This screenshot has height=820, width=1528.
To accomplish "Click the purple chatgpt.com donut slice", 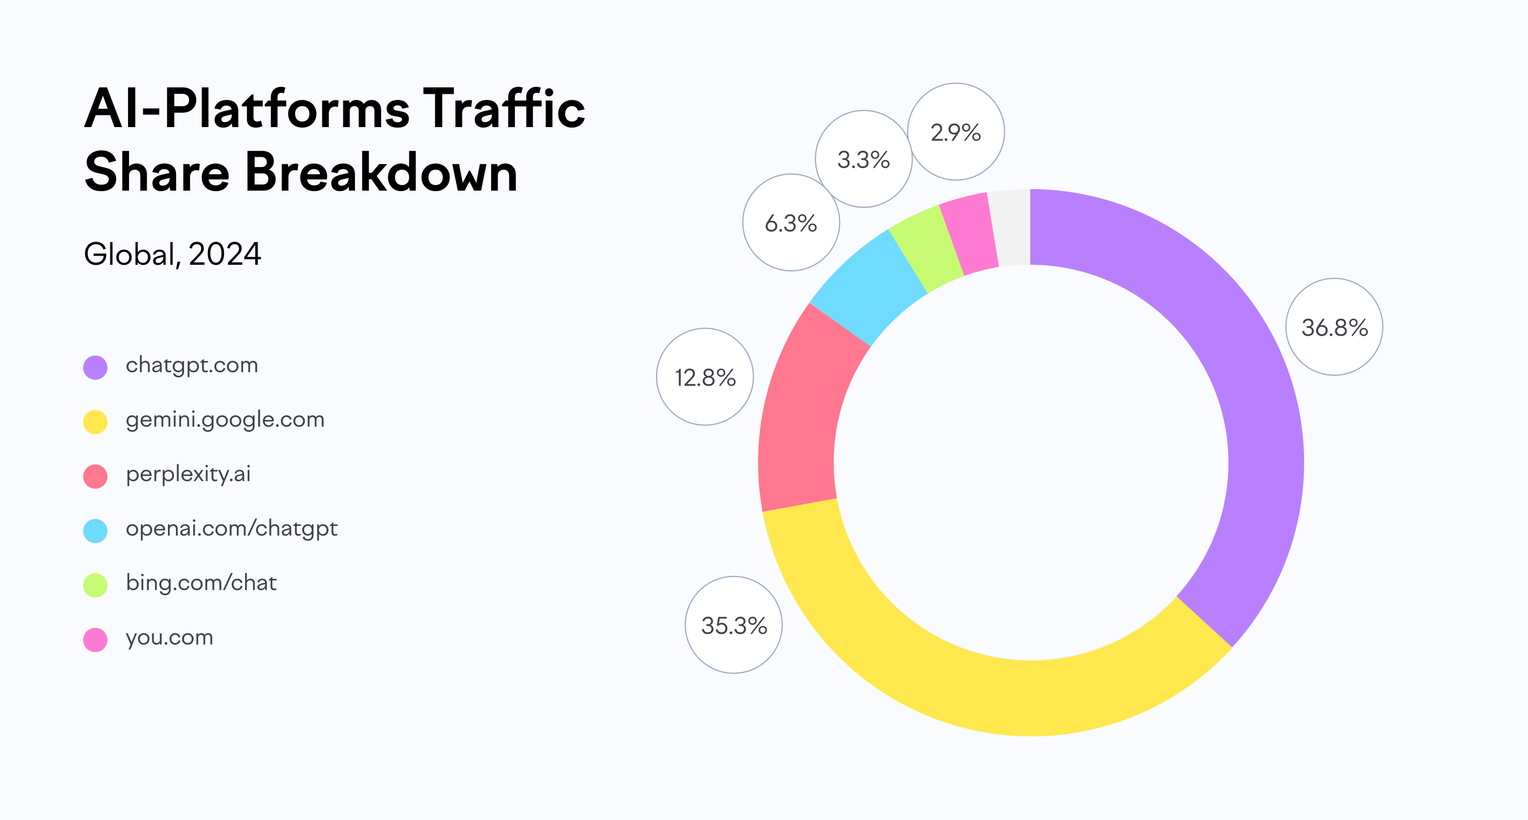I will click(1246, 386).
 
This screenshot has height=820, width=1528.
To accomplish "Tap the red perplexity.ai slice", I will click(801, 416).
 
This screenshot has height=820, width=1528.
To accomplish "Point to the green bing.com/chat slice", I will click(925, 246).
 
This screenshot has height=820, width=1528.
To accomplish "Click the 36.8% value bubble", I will click(1334, 327).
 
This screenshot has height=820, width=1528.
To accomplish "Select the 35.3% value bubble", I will click(734, 625).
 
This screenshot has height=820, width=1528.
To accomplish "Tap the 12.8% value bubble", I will click(704, 377).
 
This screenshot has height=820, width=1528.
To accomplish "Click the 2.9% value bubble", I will click(956, 132).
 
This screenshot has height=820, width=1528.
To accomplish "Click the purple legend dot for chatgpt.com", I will click(95, 367).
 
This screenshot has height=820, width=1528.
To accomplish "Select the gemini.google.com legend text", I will click(225, 420).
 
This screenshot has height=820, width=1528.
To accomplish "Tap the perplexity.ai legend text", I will click(188, 474).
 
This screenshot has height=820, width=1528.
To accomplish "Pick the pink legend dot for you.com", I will click(95, 639).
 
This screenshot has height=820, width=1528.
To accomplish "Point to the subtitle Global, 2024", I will click(172, 255).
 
